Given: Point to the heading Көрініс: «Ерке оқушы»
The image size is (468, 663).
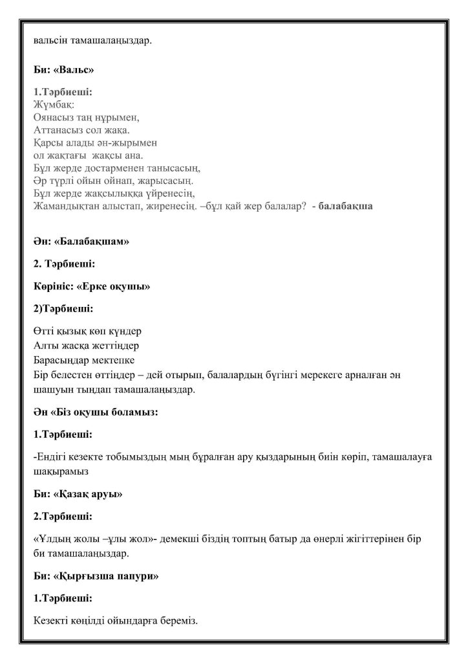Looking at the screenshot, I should tap(91, 286).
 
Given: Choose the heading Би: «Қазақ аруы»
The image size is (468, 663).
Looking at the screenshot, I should tap(78, 495).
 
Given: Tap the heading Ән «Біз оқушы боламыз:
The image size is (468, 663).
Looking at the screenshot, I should tap(96, 412).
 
